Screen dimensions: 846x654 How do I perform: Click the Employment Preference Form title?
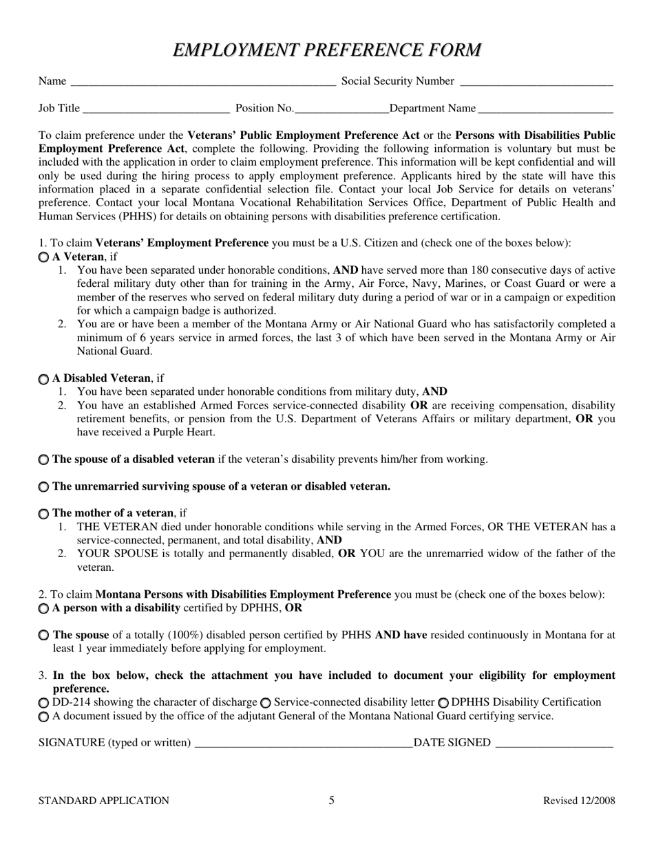pyautogui.click(x=327, y=50)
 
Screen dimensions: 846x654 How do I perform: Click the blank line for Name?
pyautogui.click(x=203, y=83)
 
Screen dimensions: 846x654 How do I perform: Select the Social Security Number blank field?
pyautogui.click(x=536, y=83)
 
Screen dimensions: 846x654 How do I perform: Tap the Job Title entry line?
pyautogui.click(x=156, y=109)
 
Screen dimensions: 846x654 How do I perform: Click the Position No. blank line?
pyautogui.click(x=341, y=109)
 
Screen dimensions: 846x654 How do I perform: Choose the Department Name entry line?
pyautogui.click(x=545, y=109)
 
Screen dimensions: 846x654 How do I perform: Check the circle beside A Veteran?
pyautogui.click(x=44, y=257)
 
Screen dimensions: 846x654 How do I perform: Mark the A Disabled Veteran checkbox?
pyautogui.click(x=44, y=379)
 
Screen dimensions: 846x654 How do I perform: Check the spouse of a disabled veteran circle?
pyautogui.click(x=44, y=459)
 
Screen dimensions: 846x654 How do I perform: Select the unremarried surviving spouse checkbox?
pyautogui.click(x=44, y=487)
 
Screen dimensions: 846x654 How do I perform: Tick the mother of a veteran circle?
pyautogui.click(x=44, y=514)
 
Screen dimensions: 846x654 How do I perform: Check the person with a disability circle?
pyautogui.click(x=44, y=609)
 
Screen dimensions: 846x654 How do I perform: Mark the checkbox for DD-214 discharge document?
pyautogui.click(x=44, y=703)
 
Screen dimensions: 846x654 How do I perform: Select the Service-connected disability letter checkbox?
pyautogui.click(x=266, y=703)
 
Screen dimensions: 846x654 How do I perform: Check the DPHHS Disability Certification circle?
pyautogui.click(x=443, y=703)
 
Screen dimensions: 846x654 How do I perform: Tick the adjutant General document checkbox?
pyautogui.click(x=44, y=717)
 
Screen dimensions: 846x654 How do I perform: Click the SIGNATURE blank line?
pyautogui.click(x=303, y=744)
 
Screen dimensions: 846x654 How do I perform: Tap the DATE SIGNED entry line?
pyautogui.click(x=553, y=744)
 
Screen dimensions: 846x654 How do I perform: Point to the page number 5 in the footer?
pyautogui.click(x=331, y=800)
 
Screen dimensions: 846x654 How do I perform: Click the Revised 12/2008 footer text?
pyautogui.click(x=579, y=801)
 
